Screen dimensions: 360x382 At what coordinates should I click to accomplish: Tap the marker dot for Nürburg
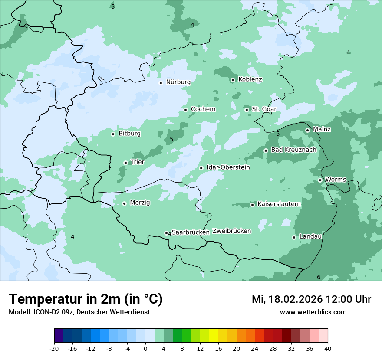[x=161, y=83]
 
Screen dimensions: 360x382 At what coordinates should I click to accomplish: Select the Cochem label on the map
[x=203, y=109]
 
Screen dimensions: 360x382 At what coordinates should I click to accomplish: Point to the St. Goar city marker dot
[x=247, y=110]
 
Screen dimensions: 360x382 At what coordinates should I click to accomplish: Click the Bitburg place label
[x=129, y=134]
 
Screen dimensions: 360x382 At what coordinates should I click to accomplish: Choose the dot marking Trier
[x=125, y=163]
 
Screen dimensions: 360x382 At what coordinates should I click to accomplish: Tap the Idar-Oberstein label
[x=228, y=167]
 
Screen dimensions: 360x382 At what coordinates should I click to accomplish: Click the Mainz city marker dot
[x=307, y=130]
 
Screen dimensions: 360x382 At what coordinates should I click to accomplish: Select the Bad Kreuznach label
[x=293, y=150]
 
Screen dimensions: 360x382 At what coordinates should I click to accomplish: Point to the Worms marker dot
[x=320, y=180]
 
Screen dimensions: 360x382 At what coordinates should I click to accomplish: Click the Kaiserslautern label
[x=279, y=204]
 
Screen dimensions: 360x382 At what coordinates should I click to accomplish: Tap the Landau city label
[x=310, y=236]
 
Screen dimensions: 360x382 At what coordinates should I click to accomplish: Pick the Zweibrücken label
[x=232, y=231]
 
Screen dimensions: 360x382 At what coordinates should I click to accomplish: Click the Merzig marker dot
[x=124, y=203]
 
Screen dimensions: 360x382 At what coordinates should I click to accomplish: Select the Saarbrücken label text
[x=191, y=232]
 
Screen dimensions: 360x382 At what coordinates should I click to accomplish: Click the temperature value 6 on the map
[x=319, y=278]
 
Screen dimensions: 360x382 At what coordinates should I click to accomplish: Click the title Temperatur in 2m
[x=86, y=299]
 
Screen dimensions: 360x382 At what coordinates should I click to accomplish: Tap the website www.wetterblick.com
[x=313, y=312]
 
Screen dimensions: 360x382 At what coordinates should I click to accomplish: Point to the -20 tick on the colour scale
[x=54, y=349]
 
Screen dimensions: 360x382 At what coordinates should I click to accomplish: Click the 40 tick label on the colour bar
[x=328, y=349]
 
